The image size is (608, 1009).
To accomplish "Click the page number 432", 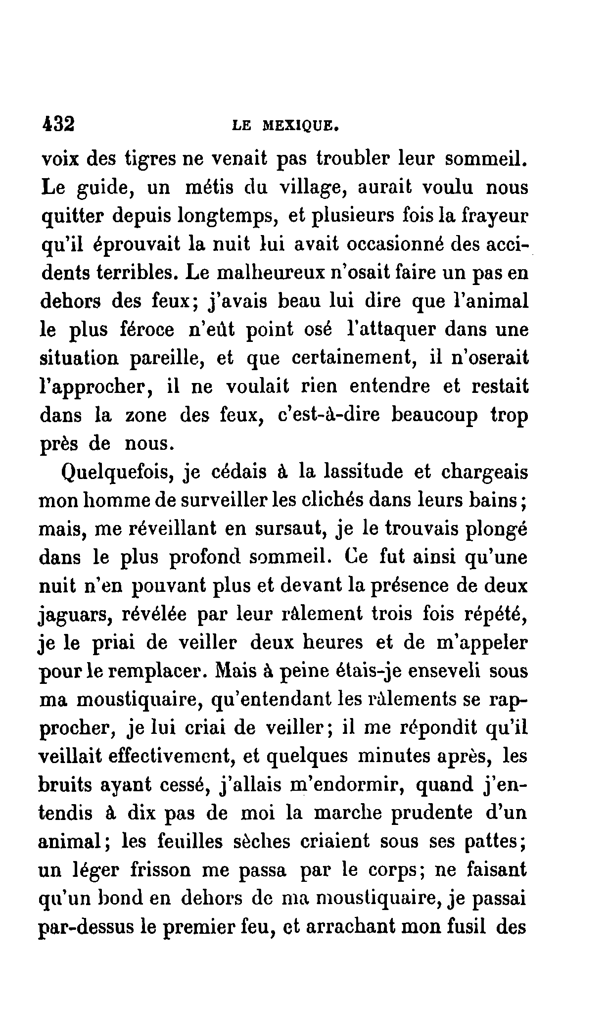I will (x=58, y=124).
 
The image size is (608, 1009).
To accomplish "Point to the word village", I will (x=314, y=189).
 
